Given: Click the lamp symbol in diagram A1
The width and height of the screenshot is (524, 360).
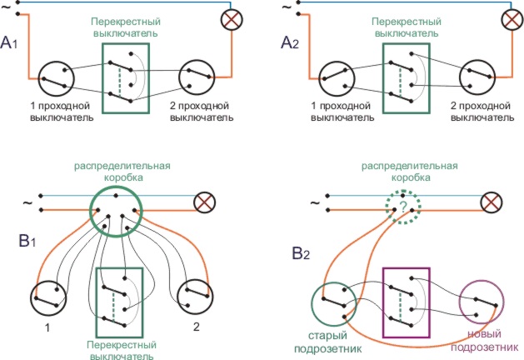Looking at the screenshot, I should pyautogui.click(x=230, y=20).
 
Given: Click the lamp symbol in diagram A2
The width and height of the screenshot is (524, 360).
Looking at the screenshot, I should pyautogui.click(x=512, y=20).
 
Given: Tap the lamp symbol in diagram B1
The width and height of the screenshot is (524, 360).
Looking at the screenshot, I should pyautogui.click(x=204, y=202).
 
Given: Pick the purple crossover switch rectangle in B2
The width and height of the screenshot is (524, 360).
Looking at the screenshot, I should pyautogui.click(x=406, y=302).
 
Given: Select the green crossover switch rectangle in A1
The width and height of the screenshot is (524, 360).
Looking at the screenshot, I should pyautogui.click(x=126, y=78).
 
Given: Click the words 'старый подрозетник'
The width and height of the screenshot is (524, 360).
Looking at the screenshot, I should pyautogui.click(x=333, y=342).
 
